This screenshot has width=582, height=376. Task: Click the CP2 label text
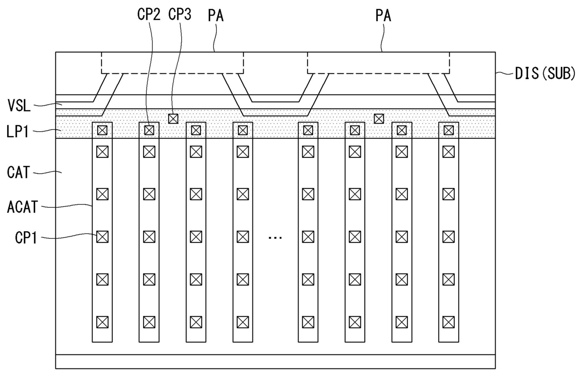(149, 16)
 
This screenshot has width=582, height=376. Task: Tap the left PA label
(215, 16)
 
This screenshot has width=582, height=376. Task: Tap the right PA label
(383, 16)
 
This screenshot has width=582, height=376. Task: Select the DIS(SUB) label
(544, 74)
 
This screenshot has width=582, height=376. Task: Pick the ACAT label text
(22, 207)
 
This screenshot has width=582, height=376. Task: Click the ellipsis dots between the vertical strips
(275, 238)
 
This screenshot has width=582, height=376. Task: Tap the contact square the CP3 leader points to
(173, 118)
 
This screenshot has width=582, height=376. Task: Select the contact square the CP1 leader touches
(102, 237)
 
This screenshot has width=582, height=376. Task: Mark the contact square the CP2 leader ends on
(149, 130)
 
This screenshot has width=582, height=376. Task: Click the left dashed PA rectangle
(172, 63)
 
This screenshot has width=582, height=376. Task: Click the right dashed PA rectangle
(378, 63)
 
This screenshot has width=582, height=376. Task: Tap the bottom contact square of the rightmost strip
(448, 322)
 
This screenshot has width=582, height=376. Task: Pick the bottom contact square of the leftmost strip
(102, 322)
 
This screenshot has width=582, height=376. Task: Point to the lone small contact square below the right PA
(378, 118)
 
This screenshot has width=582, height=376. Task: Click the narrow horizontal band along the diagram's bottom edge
(275, 361)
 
